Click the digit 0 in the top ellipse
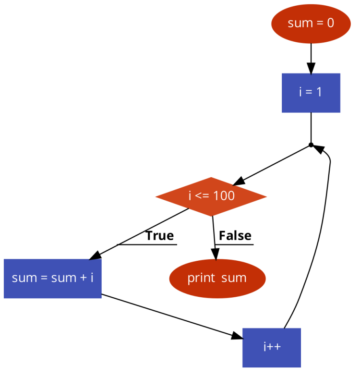(330, 23)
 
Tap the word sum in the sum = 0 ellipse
(298, 23)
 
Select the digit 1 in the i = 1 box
(319, 92)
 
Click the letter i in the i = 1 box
(301, 92)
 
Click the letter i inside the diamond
(190, 196)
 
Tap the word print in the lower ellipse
(201, 278)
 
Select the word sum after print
(234, 278)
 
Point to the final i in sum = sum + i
(92, 278)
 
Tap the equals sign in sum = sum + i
(44, 278)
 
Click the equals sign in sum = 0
(317, 23)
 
